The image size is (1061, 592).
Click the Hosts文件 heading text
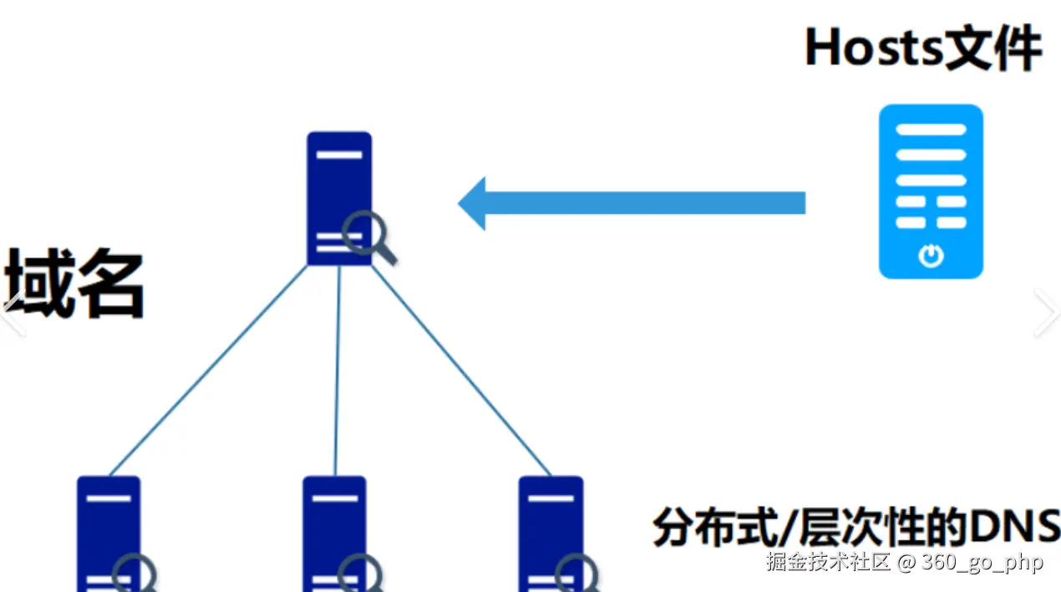click(923, 48)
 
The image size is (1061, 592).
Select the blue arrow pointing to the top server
click(635, 203)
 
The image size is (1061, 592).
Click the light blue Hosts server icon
click(931, 191)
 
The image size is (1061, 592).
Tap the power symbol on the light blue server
click(931, 255)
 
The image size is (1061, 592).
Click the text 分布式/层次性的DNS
click(856, 527)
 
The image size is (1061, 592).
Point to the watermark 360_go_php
click(982, 563)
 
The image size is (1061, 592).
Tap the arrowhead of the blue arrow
click(473, 203)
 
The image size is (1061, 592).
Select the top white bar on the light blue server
click(931, 130)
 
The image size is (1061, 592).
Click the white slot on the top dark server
click(339, 155)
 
